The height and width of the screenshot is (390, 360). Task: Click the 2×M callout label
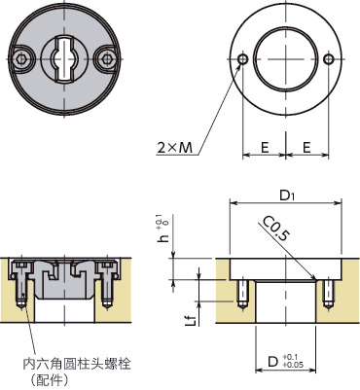pyautogui.click(x=174, y=147)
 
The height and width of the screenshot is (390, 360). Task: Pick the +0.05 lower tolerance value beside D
pyautogui.click(x=294, y=368)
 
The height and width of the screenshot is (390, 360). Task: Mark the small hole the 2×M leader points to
pyautogui.click(x=242, y=60)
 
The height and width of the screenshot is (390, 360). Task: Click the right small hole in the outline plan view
pyautogui.click(x=331, y=60)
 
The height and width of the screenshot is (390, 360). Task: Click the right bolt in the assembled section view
pyautogui.click(x=107, y=287)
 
